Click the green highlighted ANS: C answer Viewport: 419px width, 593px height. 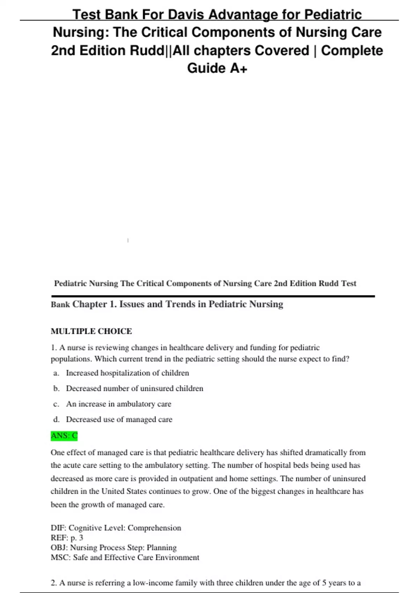click(x=64, y=436)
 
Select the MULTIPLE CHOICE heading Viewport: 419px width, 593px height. click(x=91, y=331)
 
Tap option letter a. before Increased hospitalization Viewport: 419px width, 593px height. click(x=56, y=373)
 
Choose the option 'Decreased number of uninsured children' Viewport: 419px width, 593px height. click(x=134, y=388)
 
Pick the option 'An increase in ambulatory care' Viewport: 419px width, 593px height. click(x=118, y=404)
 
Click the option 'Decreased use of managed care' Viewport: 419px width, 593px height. click(x=119, y=419)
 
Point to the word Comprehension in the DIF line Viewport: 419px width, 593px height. click(x=154, y=528)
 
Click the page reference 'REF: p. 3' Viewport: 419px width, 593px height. click(x=67, y=538)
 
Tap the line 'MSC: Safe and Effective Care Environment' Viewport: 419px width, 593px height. click(x=125, y=557)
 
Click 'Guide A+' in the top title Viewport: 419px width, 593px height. click(x=217, y=68)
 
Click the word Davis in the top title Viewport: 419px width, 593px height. click(x=186, y=15)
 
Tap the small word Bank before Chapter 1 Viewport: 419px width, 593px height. click(x=60, y=305)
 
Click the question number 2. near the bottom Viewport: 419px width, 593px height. click(x=54, y=583)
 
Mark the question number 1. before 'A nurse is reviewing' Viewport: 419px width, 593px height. click(x=54, y=347)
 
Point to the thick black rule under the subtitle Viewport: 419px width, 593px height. click(x=213, y=296)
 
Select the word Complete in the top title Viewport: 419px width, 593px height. click(x=352, y=51)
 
